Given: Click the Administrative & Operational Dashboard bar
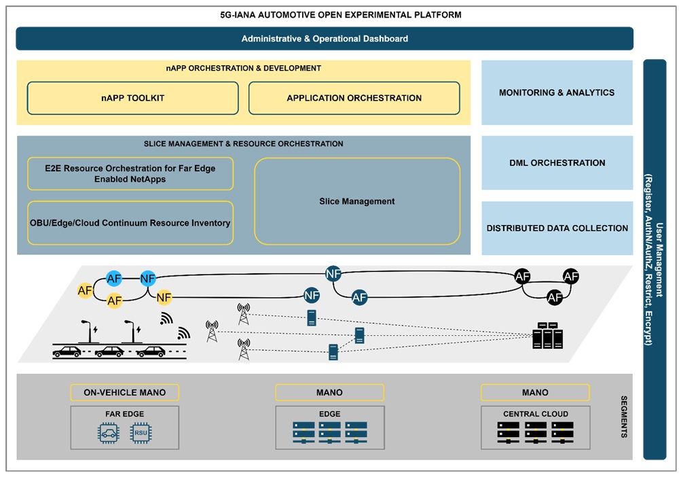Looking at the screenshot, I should pyautogui.click(x=325, y=39).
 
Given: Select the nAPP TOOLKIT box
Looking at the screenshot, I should pyautogui.click(x=132, y=98).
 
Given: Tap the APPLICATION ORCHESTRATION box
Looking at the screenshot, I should pyautogui.click(x=354, y=98).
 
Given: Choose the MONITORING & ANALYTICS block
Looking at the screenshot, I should pyautogui.click(x=557, y=92).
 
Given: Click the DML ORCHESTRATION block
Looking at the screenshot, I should pyautogui.click(x=557, y=163).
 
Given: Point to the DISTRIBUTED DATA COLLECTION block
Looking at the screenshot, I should pyautogui.click(x=557, y=228).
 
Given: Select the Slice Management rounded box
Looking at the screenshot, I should pyautogui.click(x=357, y=201).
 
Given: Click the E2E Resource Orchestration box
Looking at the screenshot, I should pyautogui.click(x=130, y=174).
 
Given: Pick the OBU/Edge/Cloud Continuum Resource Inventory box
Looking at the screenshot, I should pyautogui.click(x=130, y=223).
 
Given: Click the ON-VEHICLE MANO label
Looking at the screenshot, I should pyautogui.click(x=124, y=392).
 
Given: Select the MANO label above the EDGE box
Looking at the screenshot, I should pyautogui.click(x=329, y=392).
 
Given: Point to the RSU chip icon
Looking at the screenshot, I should pyautogui.click(x=141, y=433).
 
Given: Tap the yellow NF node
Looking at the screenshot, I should pyautogui.click(x=164, y=297).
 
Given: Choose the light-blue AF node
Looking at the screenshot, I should pyautogui.click(x=115, y=278).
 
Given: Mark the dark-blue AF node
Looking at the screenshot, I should pyautogui.click(x=359, y=297).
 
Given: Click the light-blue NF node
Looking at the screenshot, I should pyautogui.click(x=148, y=278).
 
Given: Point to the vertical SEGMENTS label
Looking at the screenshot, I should pyautogui.click(x=624, y=416).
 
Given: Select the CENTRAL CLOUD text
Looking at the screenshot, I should pyautogui.click(x=536, y=413).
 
